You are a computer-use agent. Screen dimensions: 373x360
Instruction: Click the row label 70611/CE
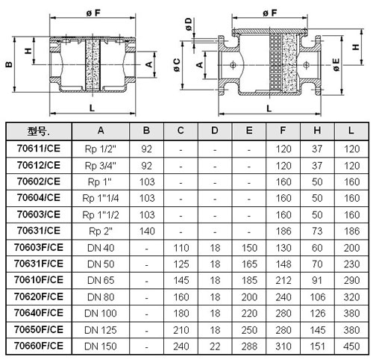(x=39, y=149)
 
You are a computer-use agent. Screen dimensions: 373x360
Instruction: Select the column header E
(x=249, y=131)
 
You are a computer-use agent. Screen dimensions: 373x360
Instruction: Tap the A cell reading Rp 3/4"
(x=101, y=166)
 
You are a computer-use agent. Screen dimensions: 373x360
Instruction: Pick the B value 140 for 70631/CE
(x=147, y=232)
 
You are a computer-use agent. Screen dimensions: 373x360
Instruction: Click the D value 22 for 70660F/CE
(x=215, y=347)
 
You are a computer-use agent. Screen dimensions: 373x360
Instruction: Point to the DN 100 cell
(x=101, y=314)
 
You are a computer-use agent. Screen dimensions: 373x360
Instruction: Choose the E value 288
(x=249, y=347)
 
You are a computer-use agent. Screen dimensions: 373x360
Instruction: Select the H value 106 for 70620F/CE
(x=318, y=297)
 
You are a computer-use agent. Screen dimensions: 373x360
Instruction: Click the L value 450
(x=351, y=347)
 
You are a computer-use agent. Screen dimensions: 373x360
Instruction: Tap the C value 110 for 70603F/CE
(x=181, y=248)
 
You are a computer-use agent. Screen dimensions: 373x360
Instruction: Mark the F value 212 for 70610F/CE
(x=283, y=280)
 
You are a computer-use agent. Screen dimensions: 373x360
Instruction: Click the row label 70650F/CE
(x=39, y=329)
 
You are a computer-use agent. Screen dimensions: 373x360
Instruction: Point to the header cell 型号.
(x=39, y=131)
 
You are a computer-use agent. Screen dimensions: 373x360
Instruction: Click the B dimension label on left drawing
(x=9, y=65)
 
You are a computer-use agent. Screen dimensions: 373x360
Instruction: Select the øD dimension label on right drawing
(x=189, y=24)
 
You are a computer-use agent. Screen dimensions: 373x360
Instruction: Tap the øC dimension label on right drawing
(x=177, y=65)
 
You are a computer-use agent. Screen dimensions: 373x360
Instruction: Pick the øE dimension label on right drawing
(x=336, y=65)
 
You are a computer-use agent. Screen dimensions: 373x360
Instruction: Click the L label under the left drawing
(x=92, y=108)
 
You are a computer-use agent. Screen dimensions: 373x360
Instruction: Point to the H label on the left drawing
(x=28, y=51)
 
